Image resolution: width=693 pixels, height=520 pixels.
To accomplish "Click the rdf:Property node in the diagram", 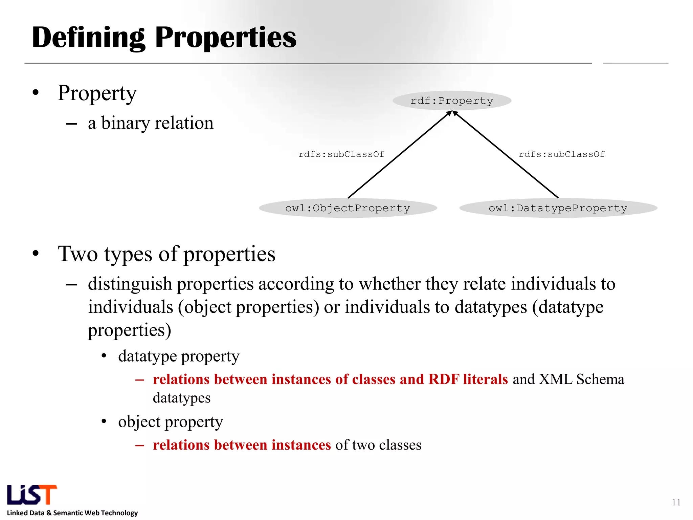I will click(x=452, y=101).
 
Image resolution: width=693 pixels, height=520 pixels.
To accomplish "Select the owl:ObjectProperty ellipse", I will click(x=348, y=208).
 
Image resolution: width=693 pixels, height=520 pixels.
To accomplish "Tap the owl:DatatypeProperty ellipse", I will click(x=558, y=208).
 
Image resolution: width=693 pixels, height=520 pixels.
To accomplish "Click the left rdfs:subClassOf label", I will click(x=341, y=154).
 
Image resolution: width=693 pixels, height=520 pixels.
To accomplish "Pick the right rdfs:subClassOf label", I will click(x=562, y=154).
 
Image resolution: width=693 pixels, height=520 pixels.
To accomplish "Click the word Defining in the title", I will click(x=89, y=38).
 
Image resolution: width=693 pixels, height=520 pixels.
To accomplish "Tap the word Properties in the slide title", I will click(x=226, y=38).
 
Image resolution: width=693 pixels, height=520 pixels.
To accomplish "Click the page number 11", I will click(x=676, y=502).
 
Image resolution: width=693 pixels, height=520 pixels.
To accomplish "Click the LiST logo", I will click(x=32, y=495).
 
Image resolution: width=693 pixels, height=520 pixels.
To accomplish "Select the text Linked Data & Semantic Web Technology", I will click(x=72, y=513).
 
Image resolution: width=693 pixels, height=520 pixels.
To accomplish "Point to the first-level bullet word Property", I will click(x=97, y=93).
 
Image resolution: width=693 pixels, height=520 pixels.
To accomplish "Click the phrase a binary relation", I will click(x=151, y=123).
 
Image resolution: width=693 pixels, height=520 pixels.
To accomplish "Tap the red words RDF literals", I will click(x=468, y=379).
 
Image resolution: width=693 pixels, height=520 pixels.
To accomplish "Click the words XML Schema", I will click(x=581, y=379).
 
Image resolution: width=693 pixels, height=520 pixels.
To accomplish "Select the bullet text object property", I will click(x=171, y=422).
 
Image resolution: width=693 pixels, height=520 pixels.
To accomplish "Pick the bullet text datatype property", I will click(x=179, y=356).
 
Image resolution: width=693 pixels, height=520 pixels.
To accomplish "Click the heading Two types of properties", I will click(x=166, y=254).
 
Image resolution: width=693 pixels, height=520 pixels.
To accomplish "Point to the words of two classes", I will click(x=378, y=445).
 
